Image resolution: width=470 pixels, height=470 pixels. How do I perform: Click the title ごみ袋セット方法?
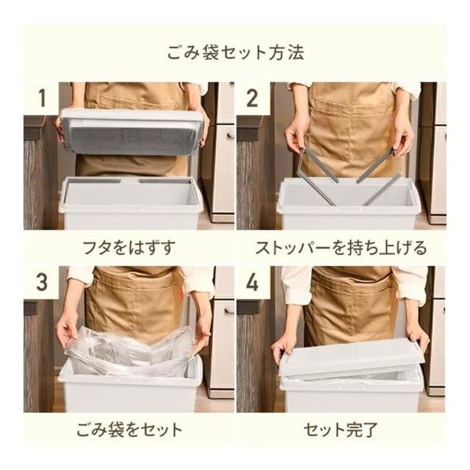235,53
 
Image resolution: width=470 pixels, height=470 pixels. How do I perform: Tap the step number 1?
42,98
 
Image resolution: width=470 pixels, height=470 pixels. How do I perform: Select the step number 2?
252,98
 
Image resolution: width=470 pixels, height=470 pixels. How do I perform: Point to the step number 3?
42,282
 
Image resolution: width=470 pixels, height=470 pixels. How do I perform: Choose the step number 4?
252,282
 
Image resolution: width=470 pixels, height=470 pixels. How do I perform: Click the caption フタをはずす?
129,248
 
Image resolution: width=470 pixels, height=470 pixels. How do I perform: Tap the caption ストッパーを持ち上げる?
341,248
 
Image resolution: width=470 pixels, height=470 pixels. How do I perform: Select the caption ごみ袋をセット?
129,430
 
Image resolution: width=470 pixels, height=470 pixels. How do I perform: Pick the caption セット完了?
341,430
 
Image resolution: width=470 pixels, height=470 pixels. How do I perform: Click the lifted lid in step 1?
132,132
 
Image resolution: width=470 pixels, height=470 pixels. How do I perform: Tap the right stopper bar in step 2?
379,177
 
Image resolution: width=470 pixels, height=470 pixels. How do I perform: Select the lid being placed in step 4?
351,360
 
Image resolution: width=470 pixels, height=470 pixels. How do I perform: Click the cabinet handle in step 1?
230,135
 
